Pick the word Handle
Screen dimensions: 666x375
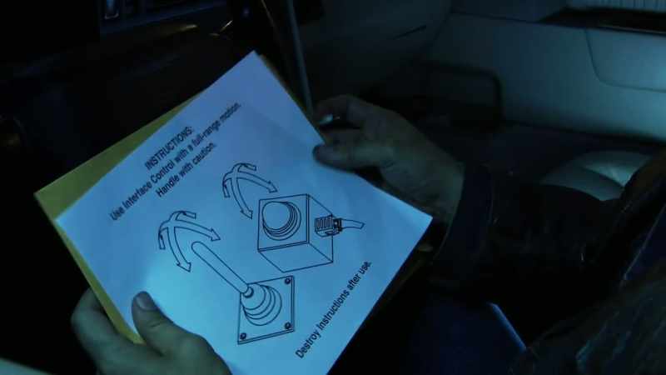coord(169,183)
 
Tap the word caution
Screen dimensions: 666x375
coord(205,154)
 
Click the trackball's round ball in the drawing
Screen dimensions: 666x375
coord(280,217)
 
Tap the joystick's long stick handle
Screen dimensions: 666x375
coord(220,265)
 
